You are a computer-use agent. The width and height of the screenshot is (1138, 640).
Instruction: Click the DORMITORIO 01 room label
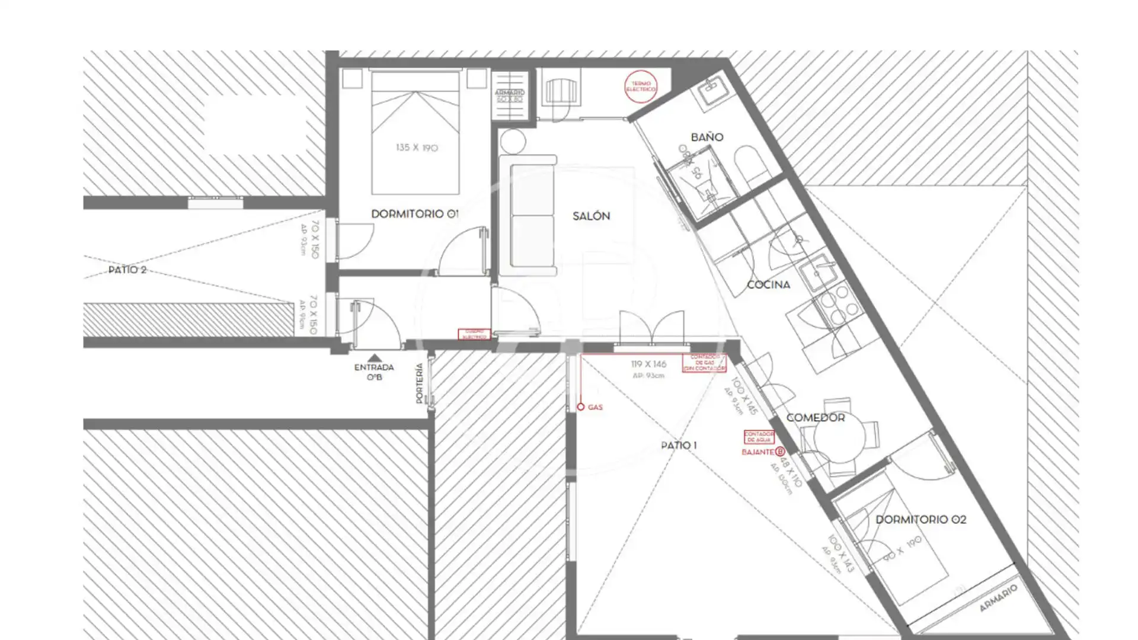[414, 214]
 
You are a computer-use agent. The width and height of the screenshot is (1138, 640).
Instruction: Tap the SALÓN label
[591, 216]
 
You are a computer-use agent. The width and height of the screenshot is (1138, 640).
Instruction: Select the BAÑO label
[707, 137]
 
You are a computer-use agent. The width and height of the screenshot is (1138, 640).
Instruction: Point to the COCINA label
[768, 285]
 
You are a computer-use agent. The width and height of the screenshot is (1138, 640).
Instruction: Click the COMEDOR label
[816, 418]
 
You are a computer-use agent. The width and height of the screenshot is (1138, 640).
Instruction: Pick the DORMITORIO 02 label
[920, 520]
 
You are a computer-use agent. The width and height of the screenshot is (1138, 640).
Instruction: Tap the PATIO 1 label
[679, 445]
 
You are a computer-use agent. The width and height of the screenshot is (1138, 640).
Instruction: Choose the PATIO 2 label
[127, 270]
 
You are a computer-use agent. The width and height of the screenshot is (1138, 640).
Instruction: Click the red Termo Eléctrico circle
[641, 87]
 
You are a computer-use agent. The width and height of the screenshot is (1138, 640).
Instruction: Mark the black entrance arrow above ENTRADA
[374, 357]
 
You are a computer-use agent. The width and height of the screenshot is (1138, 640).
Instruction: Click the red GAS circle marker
[581, 407]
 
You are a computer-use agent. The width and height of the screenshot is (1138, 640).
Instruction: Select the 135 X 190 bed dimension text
[417, 148]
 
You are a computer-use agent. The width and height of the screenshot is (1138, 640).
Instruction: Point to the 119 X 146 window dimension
[648, 364]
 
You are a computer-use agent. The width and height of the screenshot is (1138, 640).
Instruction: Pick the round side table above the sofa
[513, 142]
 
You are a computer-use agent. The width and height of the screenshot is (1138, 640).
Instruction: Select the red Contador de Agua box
[759, 437]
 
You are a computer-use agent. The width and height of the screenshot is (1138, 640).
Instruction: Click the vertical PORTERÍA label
[420, 383]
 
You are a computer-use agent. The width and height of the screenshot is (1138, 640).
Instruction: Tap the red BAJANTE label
[757, 452]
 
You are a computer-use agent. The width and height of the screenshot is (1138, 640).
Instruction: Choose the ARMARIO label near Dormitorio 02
[998, 599]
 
